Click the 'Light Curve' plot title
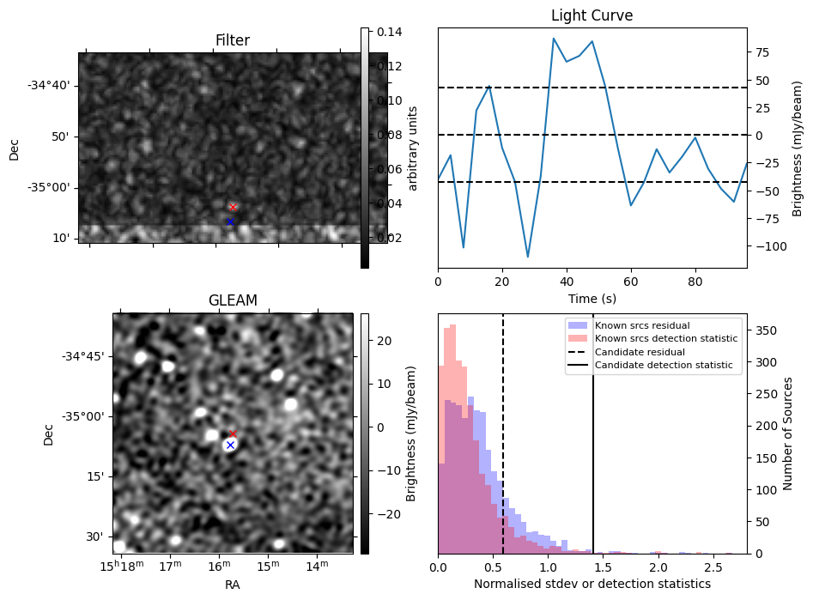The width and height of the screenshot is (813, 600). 592,16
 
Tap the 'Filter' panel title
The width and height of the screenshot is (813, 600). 233,40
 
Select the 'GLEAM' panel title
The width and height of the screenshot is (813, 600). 233,300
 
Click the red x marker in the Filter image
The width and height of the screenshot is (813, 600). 233,207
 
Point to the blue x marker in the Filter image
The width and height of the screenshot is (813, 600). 230,221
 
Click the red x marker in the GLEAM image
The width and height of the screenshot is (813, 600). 233,434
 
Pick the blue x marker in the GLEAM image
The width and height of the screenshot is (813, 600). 230,445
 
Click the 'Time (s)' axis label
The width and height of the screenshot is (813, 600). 592,299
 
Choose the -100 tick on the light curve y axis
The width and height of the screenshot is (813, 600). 765,245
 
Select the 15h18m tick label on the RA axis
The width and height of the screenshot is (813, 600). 120,566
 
